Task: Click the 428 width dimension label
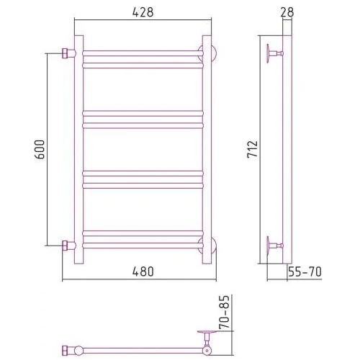pos(143,12)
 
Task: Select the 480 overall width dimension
pos(143,271)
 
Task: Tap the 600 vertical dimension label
pos(40,149)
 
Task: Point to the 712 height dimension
pos(253,149)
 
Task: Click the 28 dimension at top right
pos(287,12)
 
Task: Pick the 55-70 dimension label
pos(305,271)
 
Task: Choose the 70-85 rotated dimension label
pos(225,312)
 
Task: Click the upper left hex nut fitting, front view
pos(66,53)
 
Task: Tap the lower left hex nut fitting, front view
pos(66,246)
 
